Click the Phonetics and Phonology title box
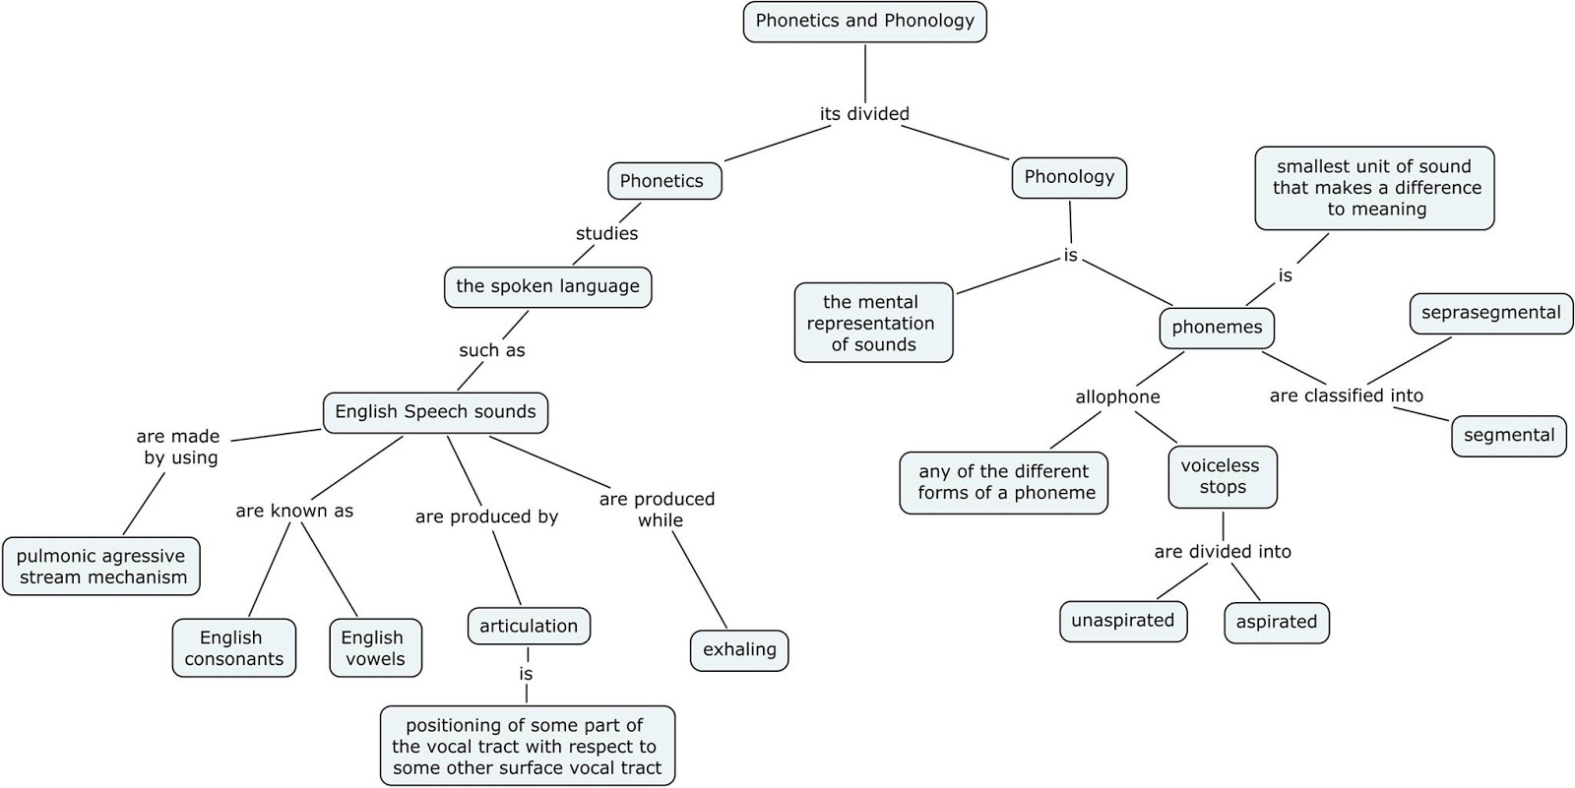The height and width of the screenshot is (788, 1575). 864,22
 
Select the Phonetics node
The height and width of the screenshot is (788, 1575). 663,181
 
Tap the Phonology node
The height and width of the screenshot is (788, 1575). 1069,177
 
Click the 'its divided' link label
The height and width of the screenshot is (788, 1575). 864,114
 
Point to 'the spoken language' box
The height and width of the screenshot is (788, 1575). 547,287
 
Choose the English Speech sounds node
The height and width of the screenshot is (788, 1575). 435,412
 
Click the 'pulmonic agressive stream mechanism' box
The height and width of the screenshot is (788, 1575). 101,567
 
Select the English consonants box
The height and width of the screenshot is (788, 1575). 233,648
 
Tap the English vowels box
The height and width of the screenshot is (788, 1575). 375,648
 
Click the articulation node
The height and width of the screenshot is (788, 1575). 529,627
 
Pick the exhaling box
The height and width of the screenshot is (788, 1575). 739,650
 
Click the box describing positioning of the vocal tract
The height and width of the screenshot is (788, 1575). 528,746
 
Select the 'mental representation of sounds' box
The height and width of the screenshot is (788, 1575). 873,323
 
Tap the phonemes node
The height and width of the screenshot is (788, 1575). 1217,328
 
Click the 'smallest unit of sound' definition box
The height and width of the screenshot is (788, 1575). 1374,188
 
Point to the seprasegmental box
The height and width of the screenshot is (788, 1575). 1490,313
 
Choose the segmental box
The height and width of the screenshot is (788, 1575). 1508,436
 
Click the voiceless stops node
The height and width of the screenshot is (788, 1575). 1222,477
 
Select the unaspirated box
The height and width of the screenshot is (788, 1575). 1122,621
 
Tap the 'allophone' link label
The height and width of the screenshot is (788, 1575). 1117,397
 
